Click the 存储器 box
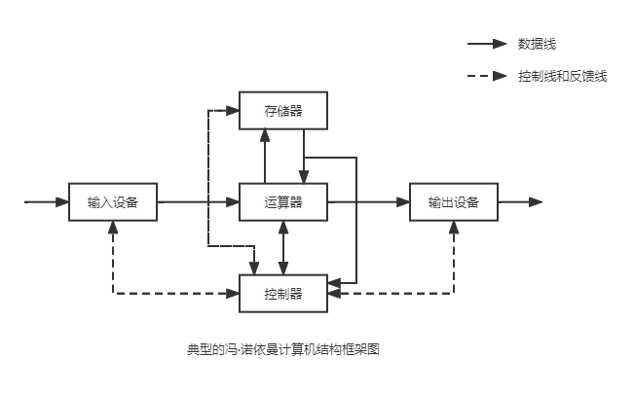pyautogui.click(x=282, y=111)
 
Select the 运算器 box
pyautogui.click(x=282, y=202)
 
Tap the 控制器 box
pyautogui.click(x=282, y=293)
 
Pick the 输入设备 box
pyautogui.click(x=113, y=202)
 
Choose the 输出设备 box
pyautogui.click(x=453, y=202)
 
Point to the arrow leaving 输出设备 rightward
pyautogui.click(x=520, y=202)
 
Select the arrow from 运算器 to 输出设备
pyautogui.click(x=368, y=202)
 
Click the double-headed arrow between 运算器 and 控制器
pyautogui.click(x=283, y=247)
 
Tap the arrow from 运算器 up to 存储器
pyautogui.click(x=265, y=156)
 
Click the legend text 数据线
pyautogui.click(x=537, y=44)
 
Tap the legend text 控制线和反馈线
pyautogui.click(x=563, y=76)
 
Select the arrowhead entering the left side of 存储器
pyautogui.click(x=234, y=111)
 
